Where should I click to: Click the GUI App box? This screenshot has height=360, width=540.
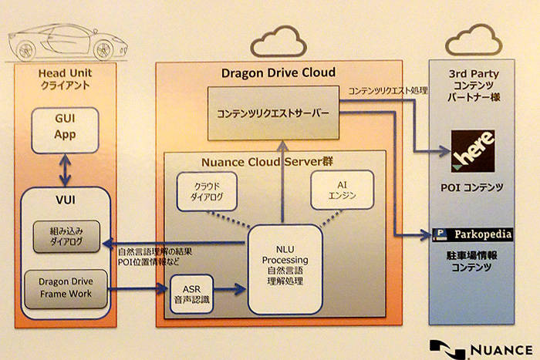(x=65, y=130)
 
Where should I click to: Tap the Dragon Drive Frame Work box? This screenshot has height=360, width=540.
(x=66, y=289)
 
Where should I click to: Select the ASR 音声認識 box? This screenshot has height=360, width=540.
(x=191, y=294)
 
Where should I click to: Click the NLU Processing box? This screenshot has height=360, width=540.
(x=285, y=270)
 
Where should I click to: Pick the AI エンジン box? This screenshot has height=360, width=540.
(x=342, y=190)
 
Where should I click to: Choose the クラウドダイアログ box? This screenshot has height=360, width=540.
(x=207, y=191)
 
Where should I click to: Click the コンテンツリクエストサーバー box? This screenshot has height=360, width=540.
(x=273, y=113)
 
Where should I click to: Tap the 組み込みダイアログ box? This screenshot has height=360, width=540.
(x=66, y=237)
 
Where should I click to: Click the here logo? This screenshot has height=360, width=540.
(x=473, y=151)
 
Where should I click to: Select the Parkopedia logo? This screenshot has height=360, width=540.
(x=472, y=234)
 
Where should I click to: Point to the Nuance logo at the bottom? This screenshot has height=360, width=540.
(x=481, y=350)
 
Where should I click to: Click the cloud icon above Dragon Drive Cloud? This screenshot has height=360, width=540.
(x=278, y=42)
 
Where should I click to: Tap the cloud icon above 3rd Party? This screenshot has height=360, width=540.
(x=474, y=40)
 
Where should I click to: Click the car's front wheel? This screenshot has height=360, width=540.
(x=103, y=51)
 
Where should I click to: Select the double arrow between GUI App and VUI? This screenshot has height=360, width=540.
(x=65, y=170)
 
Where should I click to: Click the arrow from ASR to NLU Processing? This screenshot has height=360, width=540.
(x=229, y=289)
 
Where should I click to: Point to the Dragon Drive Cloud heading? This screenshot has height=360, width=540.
(x=278, y=72)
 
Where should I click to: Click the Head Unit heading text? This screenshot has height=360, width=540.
(x=65, y=73)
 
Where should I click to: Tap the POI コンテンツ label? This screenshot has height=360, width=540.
(x=472, y=187)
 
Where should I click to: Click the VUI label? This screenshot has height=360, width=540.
(x=66, y=200)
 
